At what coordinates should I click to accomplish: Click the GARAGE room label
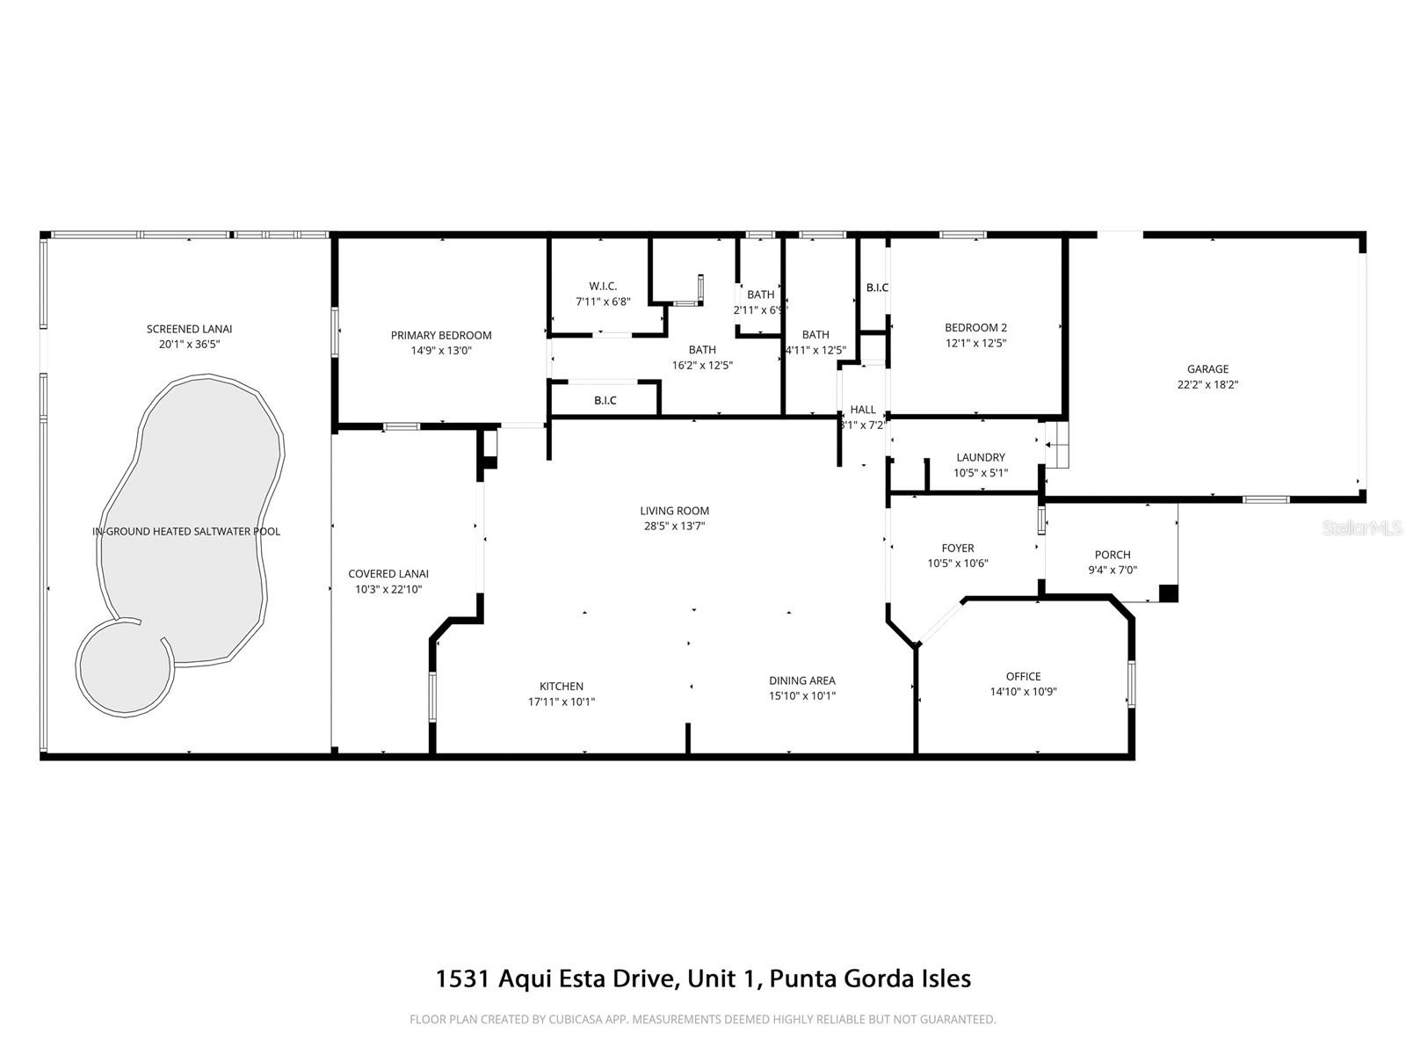pos(1207,369)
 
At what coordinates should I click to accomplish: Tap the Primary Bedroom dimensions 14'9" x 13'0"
pos(441,350)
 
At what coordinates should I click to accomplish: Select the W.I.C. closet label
pos(603,286)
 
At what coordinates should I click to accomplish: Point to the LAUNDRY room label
pos(980,457)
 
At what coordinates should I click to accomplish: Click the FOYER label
pos(957,548)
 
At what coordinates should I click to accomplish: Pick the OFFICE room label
pos(1023,676)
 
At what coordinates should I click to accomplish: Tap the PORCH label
pos(1112,555)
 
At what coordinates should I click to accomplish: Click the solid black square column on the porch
pos(1168,593)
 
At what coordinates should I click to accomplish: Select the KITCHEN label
pos(561,687)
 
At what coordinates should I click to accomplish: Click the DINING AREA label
pos(801,680)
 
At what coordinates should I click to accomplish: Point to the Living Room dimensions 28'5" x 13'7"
pos(674,526)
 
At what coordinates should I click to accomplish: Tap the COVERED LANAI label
pos(388,574)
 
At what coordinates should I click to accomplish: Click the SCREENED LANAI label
pos(189,329)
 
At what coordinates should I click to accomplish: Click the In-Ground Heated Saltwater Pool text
pos(186,531)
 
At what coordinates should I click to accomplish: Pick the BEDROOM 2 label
pos(975,328)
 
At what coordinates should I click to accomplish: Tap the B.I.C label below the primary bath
pos(605,401)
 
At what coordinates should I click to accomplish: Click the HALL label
pos(862,410)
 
